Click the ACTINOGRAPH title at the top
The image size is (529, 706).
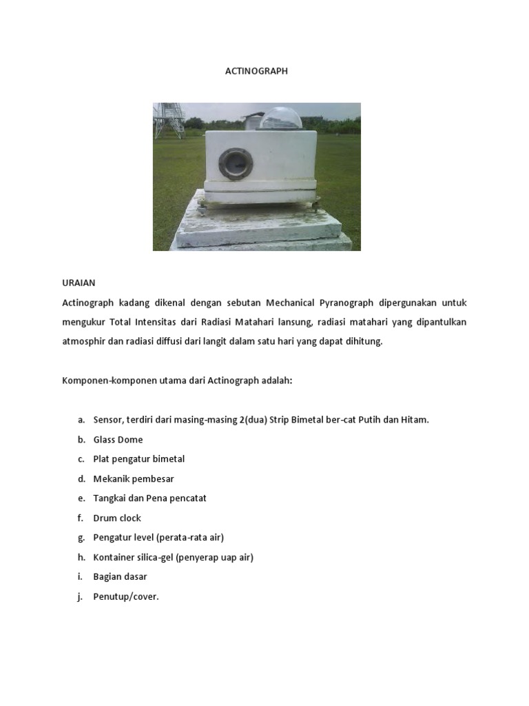pyautogui.click(x=257, y=70)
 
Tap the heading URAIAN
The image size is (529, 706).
pyautogui.click(x=79, y=283)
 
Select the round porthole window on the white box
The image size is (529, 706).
pyautogui.click(x=236, y=163)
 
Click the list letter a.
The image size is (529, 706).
pyautogui.click(x=81, y=420)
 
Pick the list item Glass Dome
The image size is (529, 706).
pyautogui.click(x=118, y=439)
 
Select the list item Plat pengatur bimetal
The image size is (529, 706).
pyautogui.click(x=138, y=458)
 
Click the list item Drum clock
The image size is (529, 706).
pyautogui.click(x=117, y=518)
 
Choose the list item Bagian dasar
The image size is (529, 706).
pyautogui.click(x=120, y=576)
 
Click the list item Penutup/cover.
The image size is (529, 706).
pyautogui.click(x=126, y=596)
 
